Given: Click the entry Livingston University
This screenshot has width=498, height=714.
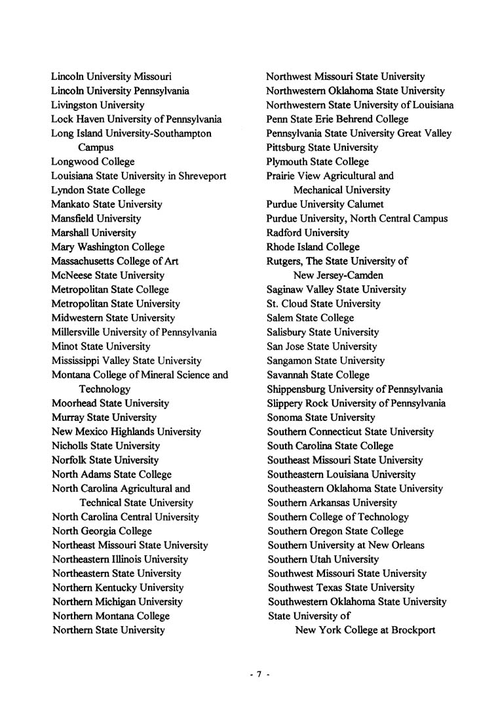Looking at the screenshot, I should (x=98, y=105).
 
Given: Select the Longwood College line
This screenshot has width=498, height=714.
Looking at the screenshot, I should (x=92, y=162).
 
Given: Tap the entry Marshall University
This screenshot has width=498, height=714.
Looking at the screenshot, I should (x=94, y=233).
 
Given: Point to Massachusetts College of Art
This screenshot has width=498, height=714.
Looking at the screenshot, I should (x=115, y=261).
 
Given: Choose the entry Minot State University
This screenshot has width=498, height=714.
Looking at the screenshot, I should (x=100, y=346).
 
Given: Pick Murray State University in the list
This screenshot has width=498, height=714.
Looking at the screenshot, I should (x=104, y=418).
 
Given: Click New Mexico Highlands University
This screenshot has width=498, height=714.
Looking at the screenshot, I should (x=126, y=432).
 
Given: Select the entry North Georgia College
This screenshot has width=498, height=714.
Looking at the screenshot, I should (x=102, y=531).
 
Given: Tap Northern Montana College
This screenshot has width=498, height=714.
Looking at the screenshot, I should (x=110, y=616).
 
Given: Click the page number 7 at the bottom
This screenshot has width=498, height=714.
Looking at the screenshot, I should (x=259, y=674).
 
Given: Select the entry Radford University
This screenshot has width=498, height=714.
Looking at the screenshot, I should (x=307, y=233).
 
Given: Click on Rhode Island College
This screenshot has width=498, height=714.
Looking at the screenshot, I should (x=313, y=247).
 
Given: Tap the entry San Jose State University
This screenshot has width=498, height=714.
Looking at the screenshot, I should (x=322, y=346).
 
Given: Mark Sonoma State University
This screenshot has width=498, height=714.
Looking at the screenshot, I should (x=320, y=418).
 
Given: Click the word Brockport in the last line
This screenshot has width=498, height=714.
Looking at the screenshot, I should (x=412, y=631).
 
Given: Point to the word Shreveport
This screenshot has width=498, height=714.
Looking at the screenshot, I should (x=201, y=176).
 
